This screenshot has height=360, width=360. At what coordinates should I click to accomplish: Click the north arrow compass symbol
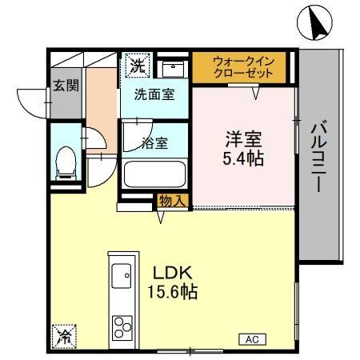(x=313, y=25)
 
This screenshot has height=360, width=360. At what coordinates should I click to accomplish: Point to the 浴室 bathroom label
(x=154, y=143)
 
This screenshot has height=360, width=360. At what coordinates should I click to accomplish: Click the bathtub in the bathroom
(x=154, y=173)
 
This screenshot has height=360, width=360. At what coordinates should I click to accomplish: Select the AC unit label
(x=251, y=339)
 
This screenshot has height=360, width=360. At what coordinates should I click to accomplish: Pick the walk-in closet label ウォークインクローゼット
(x=243, y=67)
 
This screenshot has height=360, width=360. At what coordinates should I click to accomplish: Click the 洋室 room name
(x=244, y=138)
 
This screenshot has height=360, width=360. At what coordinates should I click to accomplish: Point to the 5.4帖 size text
(x=244, y=158)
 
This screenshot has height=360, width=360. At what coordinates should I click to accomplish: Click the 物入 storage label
(x=172, y=200)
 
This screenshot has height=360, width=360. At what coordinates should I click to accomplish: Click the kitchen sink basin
(x=122, y=275)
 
